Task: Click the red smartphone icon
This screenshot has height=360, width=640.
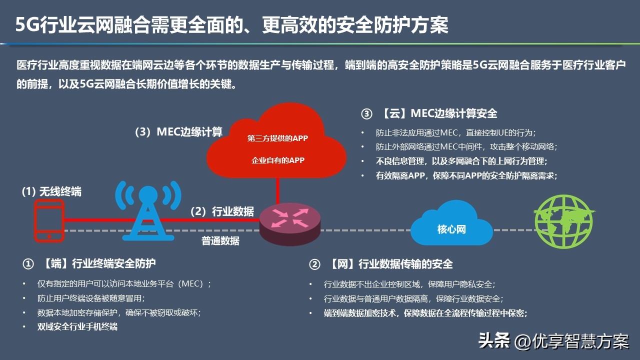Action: [x=49, y=220]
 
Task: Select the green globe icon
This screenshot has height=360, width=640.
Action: [x=564, y=221]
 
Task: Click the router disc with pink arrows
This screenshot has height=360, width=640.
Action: [x=289, y=224]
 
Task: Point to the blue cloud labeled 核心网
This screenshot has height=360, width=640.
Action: [x=451, y=223]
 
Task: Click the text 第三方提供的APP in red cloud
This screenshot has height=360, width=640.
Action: [x=277, y=138]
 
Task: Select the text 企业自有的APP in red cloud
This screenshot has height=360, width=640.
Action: [x=277, y=160]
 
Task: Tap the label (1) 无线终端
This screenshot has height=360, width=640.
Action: [x=51, y=191]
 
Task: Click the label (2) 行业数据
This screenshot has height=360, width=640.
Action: [x=222, y=211]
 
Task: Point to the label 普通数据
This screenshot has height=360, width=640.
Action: [x=220, y=241]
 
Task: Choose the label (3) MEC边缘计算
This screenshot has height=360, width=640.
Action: [x=178, y=132]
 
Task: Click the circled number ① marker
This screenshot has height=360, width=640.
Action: [x=28, y=264]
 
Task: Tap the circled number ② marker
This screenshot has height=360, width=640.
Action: [x=314, y=264]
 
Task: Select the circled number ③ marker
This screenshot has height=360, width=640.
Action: [x=366, y=114]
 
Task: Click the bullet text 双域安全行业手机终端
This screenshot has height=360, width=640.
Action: [x=77, y=326]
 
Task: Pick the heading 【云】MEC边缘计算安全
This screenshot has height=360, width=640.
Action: [x=439, y=113]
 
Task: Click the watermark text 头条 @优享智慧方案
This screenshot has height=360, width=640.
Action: [x=553, y=340]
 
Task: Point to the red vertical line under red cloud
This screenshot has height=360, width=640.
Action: [x=277, y=190]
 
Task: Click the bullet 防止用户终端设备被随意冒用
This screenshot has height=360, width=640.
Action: [x=91, y=298]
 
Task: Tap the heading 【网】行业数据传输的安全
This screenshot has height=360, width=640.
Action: [x=391, y=264]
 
